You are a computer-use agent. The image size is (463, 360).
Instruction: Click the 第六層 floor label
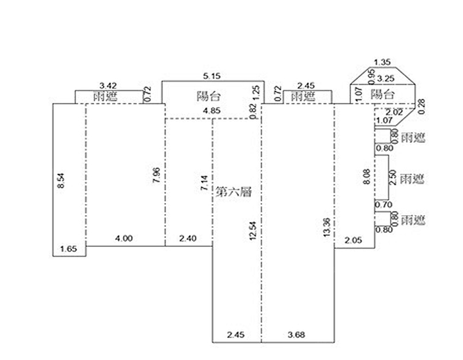(x=234, y=192)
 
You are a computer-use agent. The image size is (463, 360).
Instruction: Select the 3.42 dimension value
(x=108, y=85)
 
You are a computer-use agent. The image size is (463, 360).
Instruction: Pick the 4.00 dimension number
(x=124, y=239)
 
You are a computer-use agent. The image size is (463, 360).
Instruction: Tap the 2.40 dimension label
(x=188, y=239)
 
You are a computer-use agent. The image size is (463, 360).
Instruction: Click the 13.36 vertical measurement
(x=327, y=228)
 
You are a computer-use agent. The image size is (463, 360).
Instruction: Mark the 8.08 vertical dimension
(x=366, y=177)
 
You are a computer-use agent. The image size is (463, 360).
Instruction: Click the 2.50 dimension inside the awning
(x=393, y=177)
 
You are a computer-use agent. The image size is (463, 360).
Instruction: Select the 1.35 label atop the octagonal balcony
(x=383, y=62)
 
